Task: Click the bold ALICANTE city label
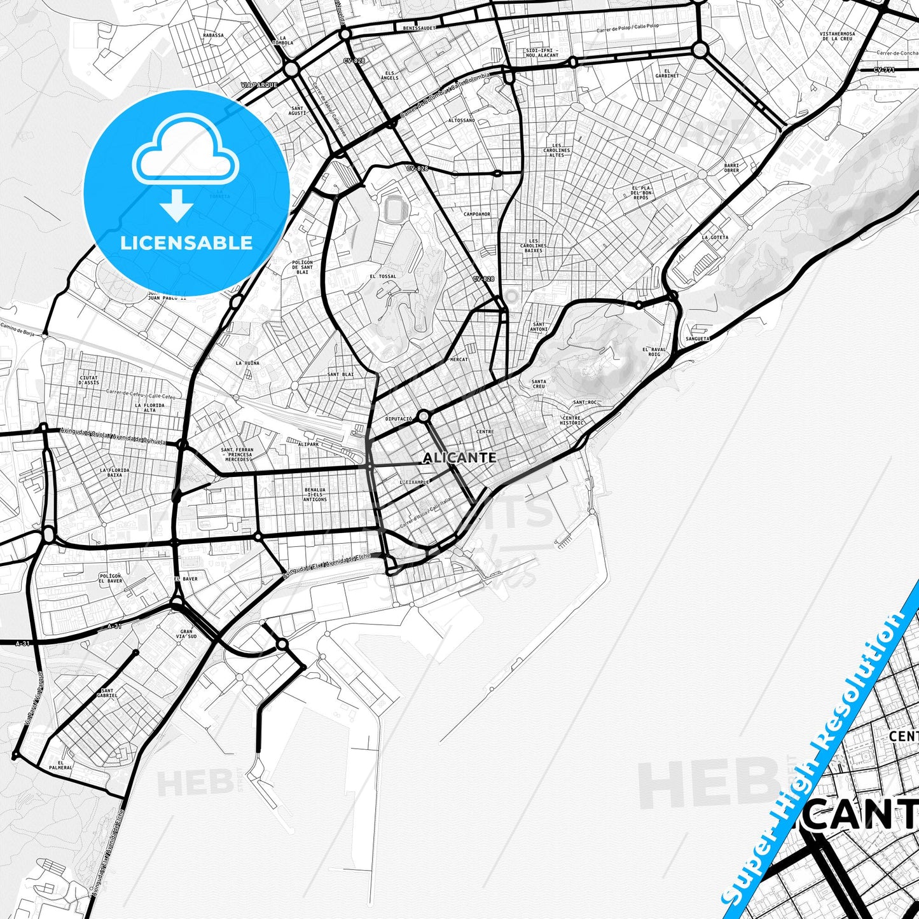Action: [459, 458]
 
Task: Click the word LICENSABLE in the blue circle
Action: [186, 243]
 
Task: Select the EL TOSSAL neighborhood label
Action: [382, 277]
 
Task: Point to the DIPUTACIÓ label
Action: [399, 419]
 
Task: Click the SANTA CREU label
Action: [538, 384]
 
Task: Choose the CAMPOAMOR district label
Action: [476, 214]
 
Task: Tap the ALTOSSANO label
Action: [462, 120]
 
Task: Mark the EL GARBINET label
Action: [667, 73]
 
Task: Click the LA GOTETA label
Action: [715, 237]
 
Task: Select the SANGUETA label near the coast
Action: [697, 339]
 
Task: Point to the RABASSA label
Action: [213, 36]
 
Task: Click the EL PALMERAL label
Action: [65, 765]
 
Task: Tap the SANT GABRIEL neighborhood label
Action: [107, 693]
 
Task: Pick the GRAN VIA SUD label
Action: [186, 634]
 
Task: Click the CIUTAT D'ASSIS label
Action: [88, 380]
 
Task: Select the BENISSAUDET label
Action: [418, 29]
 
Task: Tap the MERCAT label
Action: [459, 360]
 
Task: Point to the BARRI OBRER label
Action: [731, 168]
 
